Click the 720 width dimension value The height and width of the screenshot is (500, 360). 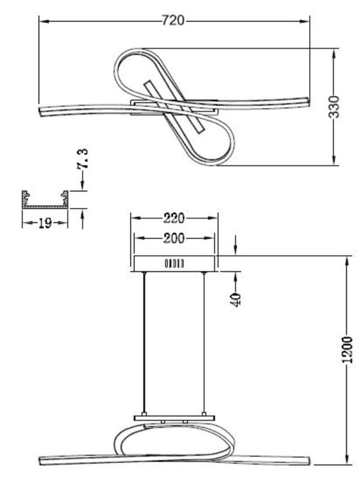(x=173, y=21)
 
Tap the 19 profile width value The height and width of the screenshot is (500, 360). (x=45, y=223)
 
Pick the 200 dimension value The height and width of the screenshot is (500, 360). (x=174, y=238)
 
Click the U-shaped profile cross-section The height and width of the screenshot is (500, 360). (x=45, y=200)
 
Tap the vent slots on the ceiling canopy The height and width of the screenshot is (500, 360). (x=174, y=263)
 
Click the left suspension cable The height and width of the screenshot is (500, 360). (x=145, y=343)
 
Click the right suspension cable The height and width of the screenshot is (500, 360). (x=204, y=343)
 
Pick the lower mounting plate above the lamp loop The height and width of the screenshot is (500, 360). (x=174, y=418)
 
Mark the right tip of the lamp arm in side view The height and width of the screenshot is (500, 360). (x=308, y=461)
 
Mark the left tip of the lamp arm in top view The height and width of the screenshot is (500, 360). (x=40, y=111)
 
